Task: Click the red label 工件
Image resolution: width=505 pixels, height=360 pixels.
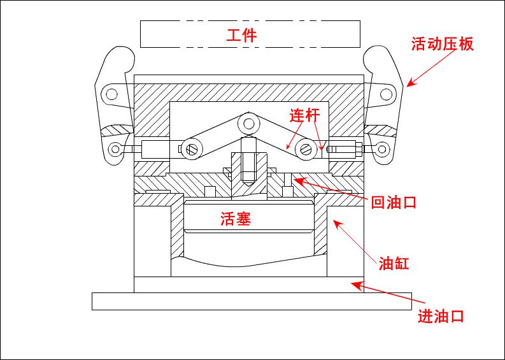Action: tap(241, 35)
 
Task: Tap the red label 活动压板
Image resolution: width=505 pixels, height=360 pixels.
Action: tap(443, 44)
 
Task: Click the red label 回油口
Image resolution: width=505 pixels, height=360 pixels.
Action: tap(393, 203)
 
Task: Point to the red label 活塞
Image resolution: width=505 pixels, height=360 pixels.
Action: tap(236, 219)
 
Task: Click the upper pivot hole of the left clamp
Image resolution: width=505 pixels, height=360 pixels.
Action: tap(111, 95)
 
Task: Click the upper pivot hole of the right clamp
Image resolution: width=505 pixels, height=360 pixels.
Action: tap(385, 94)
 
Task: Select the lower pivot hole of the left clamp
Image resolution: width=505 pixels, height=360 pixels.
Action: tap(115, 150)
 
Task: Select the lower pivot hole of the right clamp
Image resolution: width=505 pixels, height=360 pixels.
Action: tap(382, 150)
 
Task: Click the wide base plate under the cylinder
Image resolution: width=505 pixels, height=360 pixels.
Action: tap(252, 301)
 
